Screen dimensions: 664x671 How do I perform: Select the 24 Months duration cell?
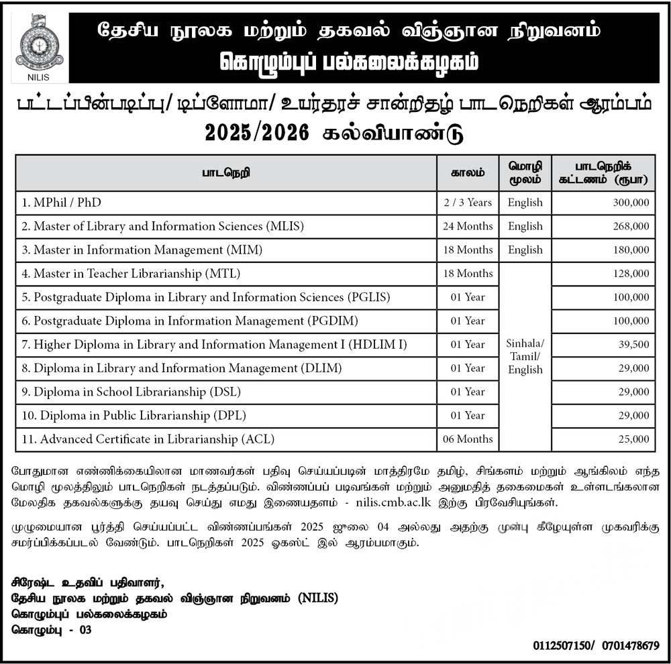(468, 226)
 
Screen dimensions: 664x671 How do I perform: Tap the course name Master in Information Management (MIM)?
(142, 250)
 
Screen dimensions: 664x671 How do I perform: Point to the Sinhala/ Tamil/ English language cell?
(525, 356)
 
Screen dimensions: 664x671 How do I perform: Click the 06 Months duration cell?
(468, 439)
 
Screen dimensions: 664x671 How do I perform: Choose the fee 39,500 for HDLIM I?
(633, 345)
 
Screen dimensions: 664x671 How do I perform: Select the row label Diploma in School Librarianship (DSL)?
(132, 392)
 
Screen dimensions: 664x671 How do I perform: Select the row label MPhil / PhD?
(62, 203)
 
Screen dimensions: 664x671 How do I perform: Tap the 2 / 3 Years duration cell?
(468, 203)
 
